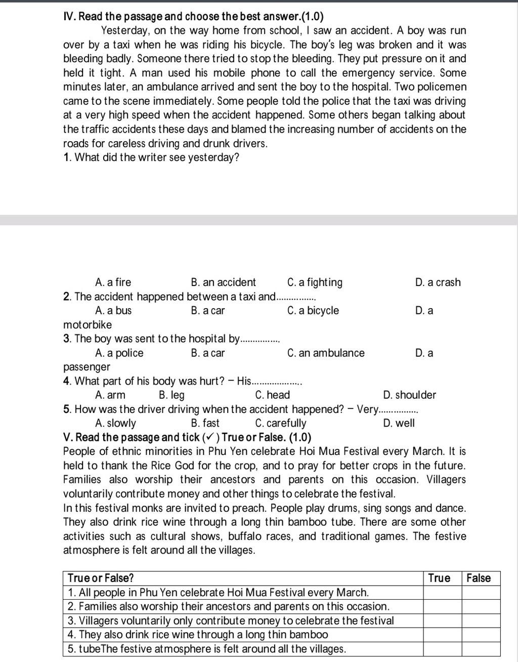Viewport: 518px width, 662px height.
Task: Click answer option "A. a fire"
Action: tap(113, 282)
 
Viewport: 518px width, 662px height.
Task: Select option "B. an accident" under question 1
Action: tap(224, 282)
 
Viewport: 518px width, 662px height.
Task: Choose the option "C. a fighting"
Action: tap(315, 282)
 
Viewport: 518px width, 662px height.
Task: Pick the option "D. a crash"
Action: tap(438, 282)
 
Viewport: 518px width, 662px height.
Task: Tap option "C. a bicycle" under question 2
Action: tap(313, 311)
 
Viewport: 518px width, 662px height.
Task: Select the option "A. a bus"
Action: tap(113, 311)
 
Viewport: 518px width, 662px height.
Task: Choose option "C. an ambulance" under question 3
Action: tap(326, 353)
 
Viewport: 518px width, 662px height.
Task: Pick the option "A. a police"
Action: tap(119, 353)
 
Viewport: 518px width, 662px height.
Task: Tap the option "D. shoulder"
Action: tap(410, 395)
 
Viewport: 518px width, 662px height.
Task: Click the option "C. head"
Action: tap(273, 395)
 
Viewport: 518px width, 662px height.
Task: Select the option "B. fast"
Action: tap(205, 423)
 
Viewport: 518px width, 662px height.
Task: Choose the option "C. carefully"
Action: tap(281, 423)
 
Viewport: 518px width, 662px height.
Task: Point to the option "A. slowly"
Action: tap(116, 423)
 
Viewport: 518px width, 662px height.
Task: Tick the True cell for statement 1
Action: tap(442, 592)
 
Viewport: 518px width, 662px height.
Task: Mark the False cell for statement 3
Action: tap(481, 620)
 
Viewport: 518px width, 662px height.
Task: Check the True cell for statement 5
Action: tap(442, 649)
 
